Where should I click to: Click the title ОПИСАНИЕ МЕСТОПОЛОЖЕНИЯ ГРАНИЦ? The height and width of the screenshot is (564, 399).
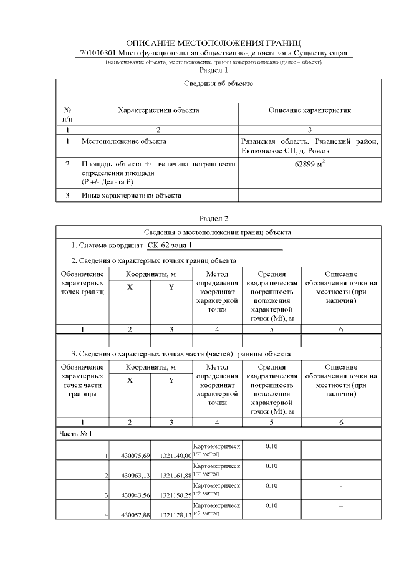pos(214,43)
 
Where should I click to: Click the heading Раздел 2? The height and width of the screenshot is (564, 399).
pos(214,219)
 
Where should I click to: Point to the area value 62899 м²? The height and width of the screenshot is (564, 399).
pos(310,166)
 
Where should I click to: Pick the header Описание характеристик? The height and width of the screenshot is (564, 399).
pos(310,110)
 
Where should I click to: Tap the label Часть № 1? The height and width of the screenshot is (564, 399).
pos(76,433)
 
